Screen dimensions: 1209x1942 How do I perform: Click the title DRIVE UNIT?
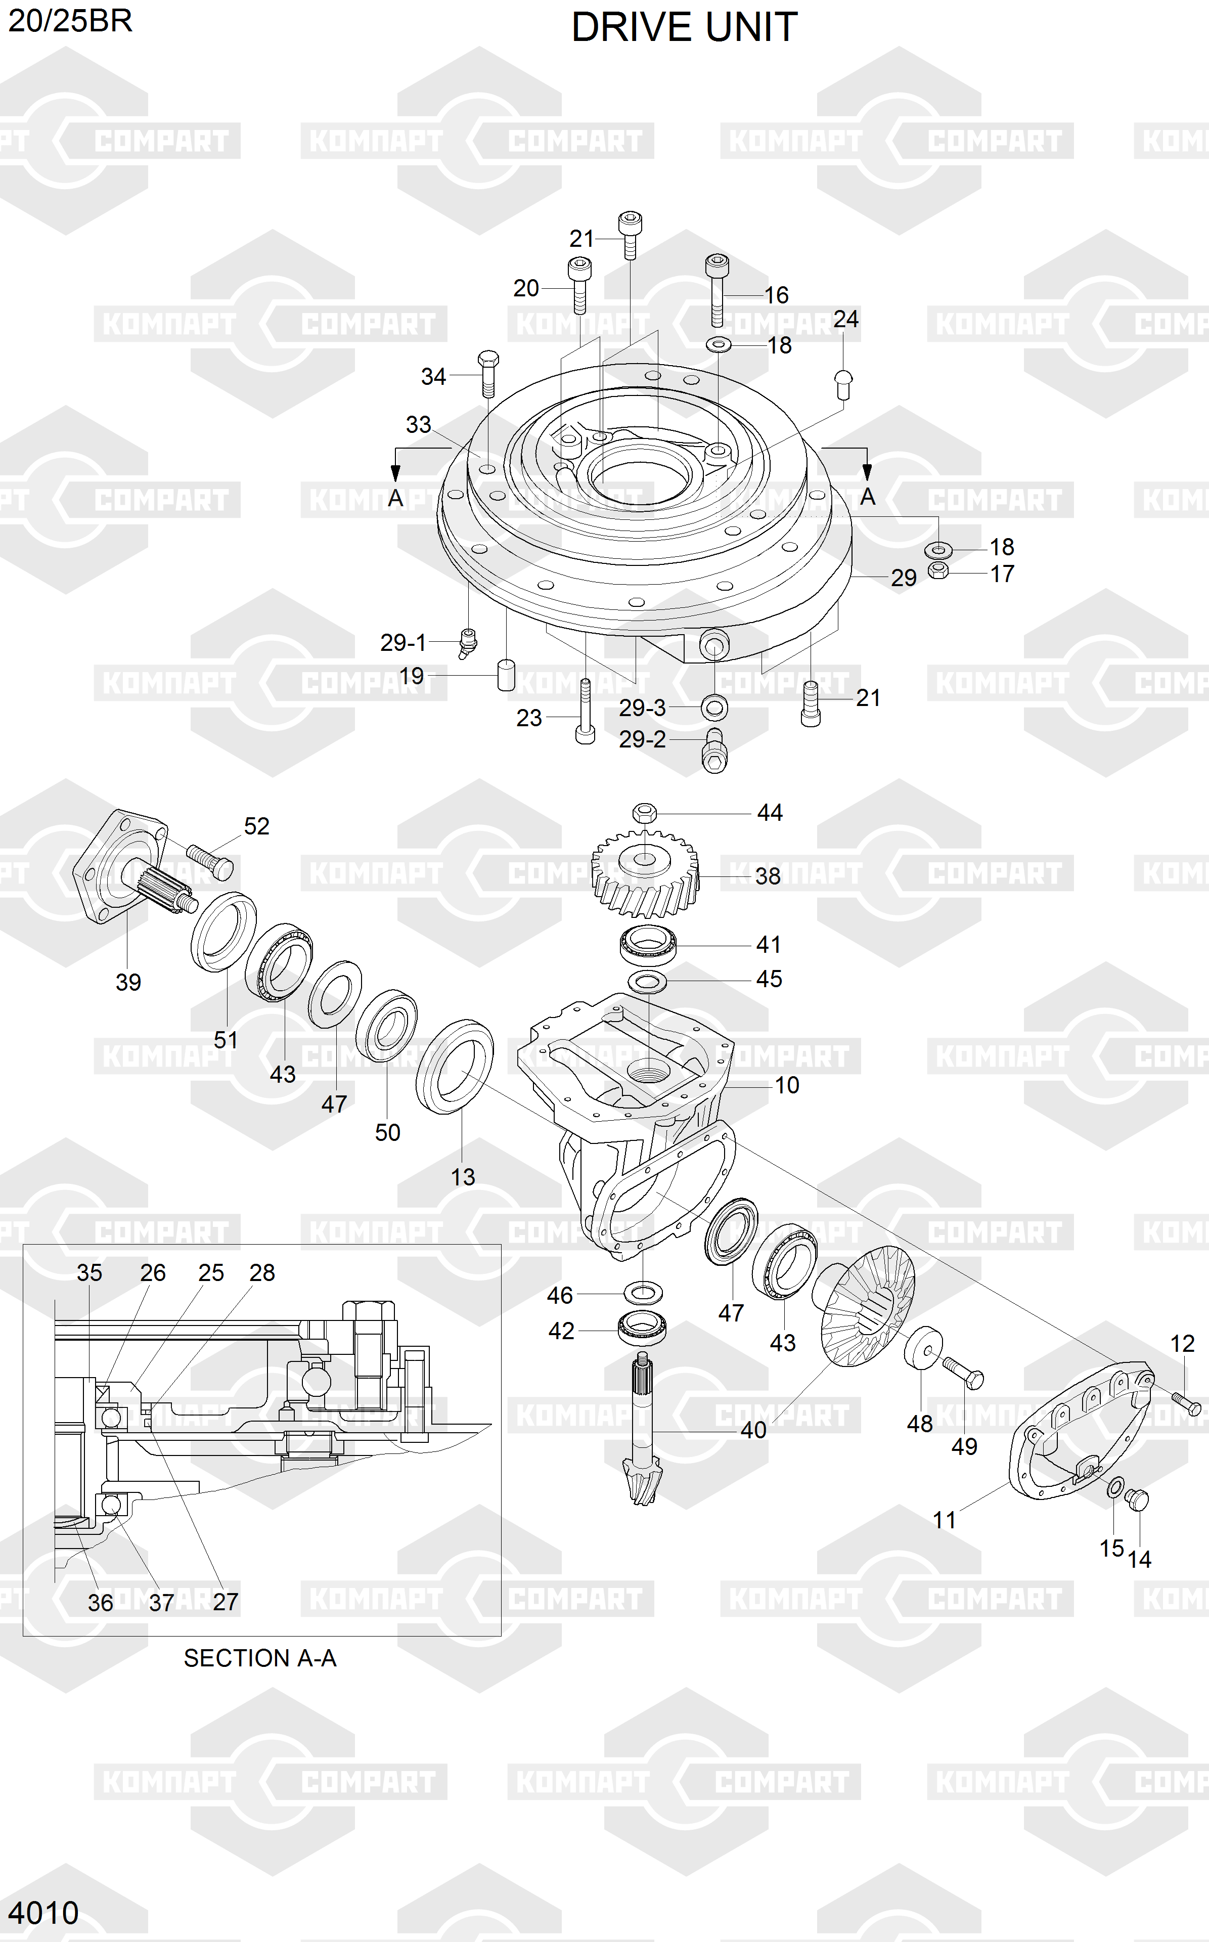[x=685, y=27]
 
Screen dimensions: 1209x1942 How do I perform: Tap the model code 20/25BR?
[x=70, y=21]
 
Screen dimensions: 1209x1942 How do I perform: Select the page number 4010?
[x=44, y=1913]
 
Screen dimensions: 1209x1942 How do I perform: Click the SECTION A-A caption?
[x=260, y=1658]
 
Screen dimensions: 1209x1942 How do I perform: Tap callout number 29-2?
[x=642, y=739]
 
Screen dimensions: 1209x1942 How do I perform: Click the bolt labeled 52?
[x=209, y=859]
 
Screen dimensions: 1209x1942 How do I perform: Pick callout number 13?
[x=463, y=1177]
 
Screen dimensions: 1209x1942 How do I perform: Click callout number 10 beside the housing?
[x=787, y=1085]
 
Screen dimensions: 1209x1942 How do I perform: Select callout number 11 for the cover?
[x=945, y=1520]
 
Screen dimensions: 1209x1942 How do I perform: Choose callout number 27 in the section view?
[x=226, y=1602]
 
